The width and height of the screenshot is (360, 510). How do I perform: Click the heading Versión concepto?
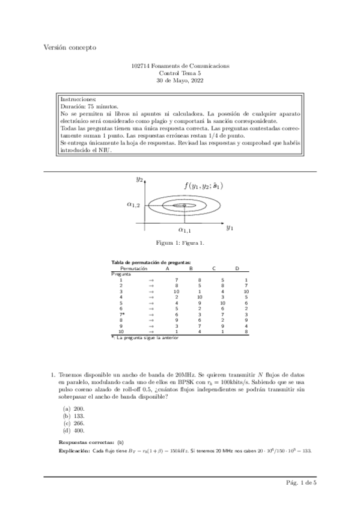pos(69,48)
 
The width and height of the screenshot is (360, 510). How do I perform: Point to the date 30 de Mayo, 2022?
pos(180,80)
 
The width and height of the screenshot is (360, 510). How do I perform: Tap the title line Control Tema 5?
pos(180,73)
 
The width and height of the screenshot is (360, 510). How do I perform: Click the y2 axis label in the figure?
pos(139,179)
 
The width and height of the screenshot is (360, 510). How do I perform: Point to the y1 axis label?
pos(229,227)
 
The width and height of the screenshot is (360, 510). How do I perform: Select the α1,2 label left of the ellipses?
pos(133,204)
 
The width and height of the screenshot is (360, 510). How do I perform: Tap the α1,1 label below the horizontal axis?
pos(184,230)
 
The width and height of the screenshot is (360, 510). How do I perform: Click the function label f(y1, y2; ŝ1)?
pos(203,186)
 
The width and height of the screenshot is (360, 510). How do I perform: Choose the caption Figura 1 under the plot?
pos(180,243)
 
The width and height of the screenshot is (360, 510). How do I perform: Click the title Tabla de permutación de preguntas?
pos(151,263)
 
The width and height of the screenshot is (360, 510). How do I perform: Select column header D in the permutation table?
pos(237,268)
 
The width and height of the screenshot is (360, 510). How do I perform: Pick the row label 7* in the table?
pos(122,314)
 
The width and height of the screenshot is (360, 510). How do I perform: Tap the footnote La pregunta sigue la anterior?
pos(147,337)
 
